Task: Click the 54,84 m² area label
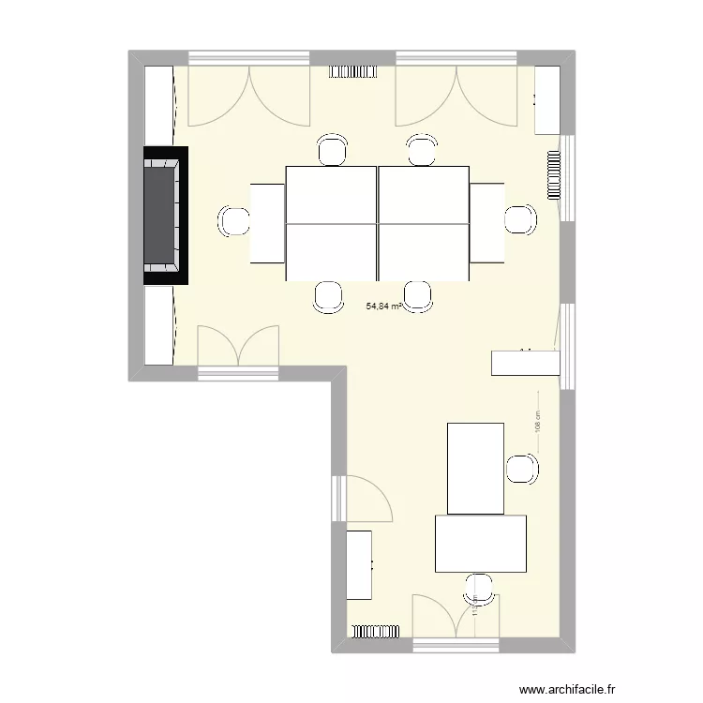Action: pyautogui.click(x=384, y=306)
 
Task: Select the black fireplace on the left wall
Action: pyautogui.click(x=166, y=217)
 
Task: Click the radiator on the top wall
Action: pyautogui.click(x=352, y=71)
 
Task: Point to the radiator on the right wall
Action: pyautogui.click(x=554, y=178)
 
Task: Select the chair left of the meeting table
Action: pyautogui.click(x=233, y=221)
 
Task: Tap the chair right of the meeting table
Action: pyautogui.click(x=518, y=219)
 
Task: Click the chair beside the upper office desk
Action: pyautogui.click(x=521, y=469)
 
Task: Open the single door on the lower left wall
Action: pyautogui.click(x=366, y=497)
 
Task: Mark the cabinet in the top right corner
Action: pyautogui.click(x=547, y=99)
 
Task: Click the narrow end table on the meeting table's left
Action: pyautogui.click(x=267, y=223)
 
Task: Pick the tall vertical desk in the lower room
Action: pyautogui.click(x=476, y=468)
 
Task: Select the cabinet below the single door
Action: pyautogui.click(x=361, y=564)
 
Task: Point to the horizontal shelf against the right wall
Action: pyautogui.click(x=526, y=363)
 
